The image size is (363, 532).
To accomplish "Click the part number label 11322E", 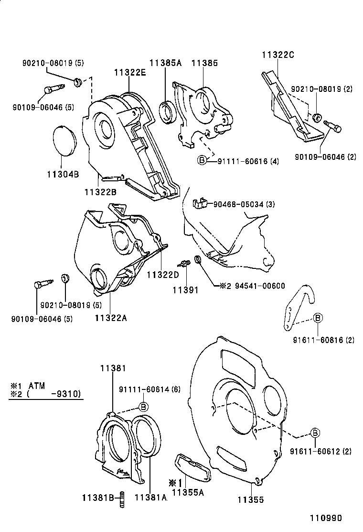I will (x=129, y=72).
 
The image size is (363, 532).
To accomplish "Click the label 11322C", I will (x=278, y=55).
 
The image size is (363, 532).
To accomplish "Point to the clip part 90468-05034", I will (x=199, y=203).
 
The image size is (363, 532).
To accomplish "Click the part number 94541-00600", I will (x=259, y=286).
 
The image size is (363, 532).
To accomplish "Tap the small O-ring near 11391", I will (x=197, y=260).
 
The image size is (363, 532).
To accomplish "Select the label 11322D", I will (x=162, y=275).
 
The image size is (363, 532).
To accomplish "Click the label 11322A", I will (x=111, y=317).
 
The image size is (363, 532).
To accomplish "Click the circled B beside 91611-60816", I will (x=318, y=318).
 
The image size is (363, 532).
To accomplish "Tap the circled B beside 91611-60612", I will (x=315, y=433).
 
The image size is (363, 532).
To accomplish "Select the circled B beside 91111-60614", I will (x=142, y=406).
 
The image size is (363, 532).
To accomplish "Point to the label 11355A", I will (x=188, y=492).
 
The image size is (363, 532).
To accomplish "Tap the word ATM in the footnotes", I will (x=38, y=385).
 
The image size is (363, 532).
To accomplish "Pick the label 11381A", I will (x=150, y=498).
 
